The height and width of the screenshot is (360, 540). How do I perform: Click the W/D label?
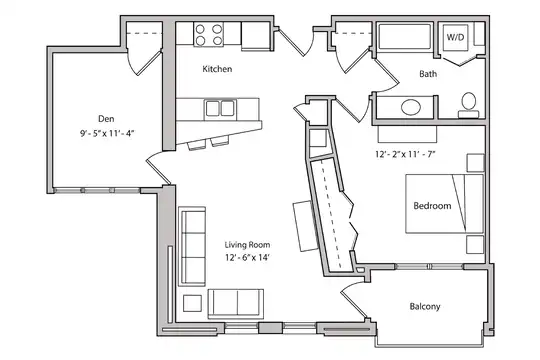(x=455, y=37)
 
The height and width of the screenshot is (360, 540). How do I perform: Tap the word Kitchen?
(x=217, y=69)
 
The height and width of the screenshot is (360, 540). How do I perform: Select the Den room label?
(x=106, y=119)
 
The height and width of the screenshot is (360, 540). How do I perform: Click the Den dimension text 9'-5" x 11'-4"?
(x=106, y=133)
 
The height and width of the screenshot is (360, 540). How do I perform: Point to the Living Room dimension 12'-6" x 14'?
(x=247, y=257)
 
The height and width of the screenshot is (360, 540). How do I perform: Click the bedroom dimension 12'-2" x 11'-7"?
(x=405, y=154)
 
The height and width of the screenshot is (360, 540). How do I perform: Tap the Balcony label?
(x=425, y=306)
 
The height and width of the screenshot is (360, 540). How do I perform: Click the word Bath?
(x=428, y=73)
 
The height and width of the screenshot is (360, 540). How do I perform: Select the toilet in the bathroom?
(x=468, y=105)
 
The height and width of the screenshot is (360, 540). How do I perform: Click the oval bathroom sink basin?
(x=411, y=107)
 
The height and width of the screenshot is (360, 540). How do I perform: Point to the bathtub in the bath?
(x=405, y=36)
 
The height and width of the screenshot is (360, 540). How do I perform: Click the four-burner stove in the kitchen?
(x=208, y=34)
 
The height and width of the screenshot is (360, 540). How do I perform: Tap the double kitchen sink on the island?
(x=220, y=108)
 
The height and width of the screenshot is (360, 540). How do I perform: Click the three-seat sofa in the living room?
(x=192, y=246)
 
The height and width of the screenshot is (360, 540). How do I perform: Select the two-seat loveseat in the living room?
(x=236, y=304)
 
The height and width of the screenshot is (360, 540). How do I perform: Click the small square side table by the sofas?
(x=192, y=303)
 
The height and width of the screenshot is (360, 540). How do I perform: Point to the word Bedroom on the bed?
(x=432, y=206)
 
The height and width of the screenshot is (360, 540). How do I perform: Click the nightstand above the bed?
(x=475, y=163)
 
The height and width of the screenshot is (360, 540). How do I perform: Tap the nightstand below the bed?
(x=475, y=245)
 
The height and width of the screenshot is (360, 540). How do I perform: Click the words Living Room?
(x=247, y=245)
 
